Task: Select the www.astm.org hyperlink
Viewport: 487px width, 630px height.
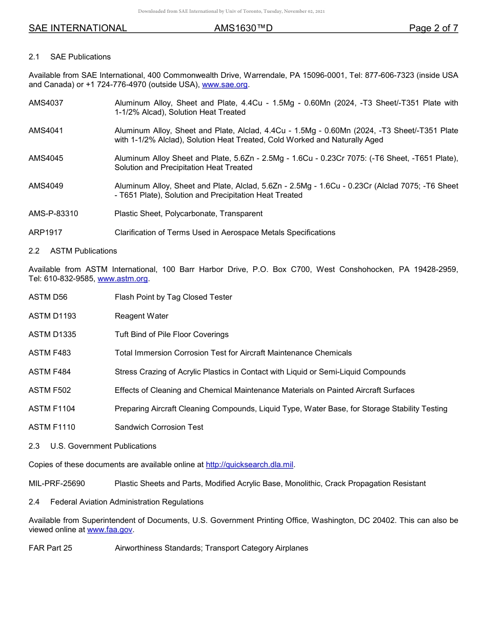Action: [x=123, y=279]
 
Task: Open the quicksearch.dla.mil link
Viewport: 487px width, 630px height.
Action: [x=249, y=465]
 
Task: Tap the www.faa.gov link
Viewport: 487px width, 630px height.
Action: [x=110, y=530]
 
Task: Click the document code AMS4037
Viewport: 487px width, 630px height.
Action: [x=46, y=103]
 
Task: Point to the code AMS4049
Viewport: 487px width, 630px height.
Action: [x=46, y=186]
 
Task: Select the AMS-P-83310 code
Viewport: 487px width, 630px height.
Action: [x=53, y=214]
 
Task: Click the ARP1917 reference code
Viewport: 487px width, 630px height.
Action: [x=45, y=233]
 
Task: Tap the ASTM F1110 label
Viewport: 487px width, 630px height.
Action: [x=52, y=427]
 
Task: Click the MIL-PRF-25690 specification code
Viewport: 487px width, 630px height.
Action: [x=57, y=484]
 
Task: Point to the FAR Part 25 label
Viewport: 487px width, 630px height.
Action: [x=50, y=548]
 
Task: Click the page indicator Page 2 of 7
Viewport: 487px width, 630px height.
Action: [x=433, y=28]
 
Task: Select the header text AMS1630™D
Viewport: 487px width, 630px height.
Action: [x=243, y=28]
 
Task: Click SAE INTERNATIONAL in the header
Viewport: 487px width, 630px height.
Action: [x=78, y=28]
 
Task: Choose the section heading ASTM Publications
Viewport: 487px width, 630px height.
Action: [x=84, y=251]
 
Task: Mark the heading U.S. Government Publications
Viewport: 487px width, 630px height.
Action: [x=103, y=446]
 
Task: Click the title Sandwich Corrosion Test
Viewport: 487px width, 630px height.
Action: [x=159, y=427]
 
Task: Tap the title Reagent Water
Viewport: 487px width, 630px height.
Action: [x=141, y=316]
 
